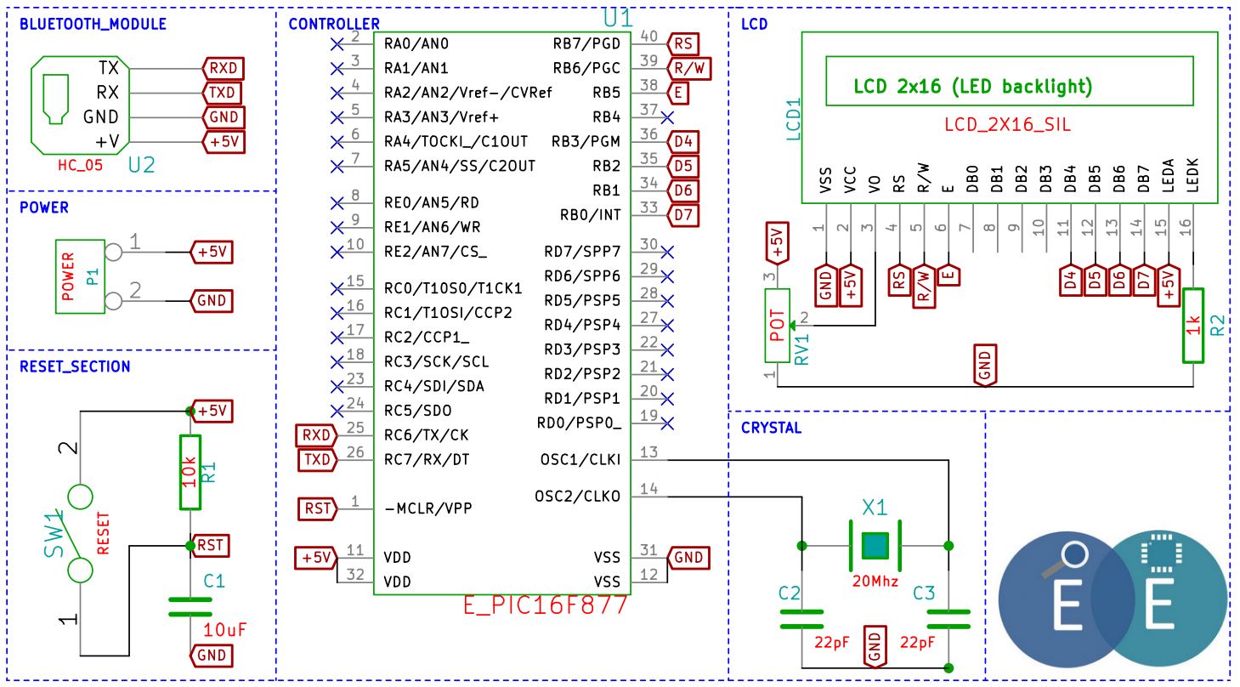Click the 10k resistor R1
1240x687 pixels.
tap(190, 472)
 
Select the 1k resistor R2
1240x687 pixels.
tap(1193, 326)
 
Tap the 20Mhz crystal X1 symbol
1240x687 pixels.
tap(875, 546)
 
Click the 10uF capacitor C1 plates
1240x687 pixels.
tap(190, 607)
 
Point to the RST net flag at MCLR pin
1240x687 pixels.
tap(317, 508)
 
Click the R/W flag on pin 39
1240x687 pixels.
tap(689, 69)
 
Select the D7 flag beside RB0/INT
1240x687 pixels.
tap(683, 215)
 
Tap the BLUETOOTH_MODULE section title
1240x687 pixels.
tap(93, 25)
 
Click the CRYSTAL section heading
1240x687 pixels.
tap(771, 428)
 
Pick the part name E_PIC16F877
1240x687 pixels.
tap(546, 605)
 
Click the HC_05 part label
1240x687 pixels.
tap(80, 166)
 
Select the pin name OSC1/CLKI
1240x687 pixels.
tap(580, 459)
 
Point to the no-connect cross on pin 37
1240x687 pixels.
tap(668, 117)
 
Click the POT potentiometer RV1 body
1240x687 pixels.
tap(777, 326)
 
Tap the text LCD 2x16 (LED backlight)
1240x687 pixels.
tap(972, 87)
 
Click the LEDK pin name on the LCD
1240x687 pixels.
tap(1193, 175)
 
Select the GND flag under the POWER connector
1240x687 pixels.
tap(211, 301)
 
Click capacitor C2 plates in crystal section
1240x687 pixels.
tap(801, 620)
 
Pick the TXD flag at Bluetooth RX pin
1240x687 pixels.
tap(223, 93)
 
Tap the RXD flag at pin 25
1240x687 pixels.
tap(316, 435)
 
